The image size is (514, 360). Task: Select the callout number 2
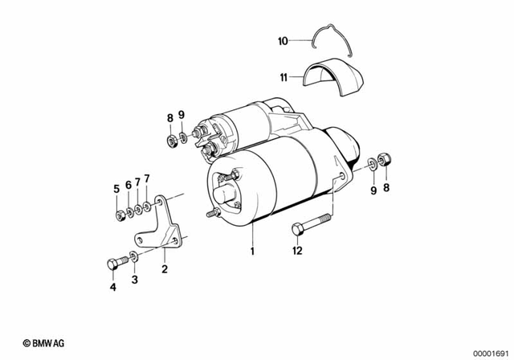tap(165, 270)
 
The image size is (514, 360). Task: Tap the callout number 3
tap(134, 279)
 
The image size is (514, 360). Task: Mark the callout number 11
tap(284, 78)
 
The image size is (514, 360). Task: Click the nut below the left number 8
tap(171, 141)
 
